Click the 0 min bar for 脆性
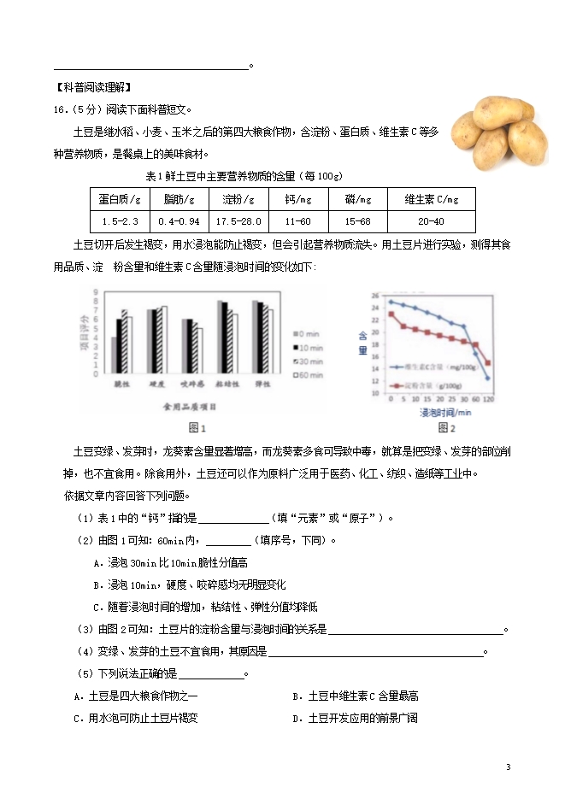pos(115,355)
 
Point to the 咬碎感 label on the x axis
pos(193,385)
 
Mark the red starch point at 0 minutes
pos(391,314)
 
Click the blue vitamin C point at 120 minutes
pos(488,378)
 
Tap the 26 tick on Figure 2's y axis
pos(375,296)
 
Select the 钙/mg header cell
pos(298,199)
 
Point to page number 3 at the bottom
pos(508,767)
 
